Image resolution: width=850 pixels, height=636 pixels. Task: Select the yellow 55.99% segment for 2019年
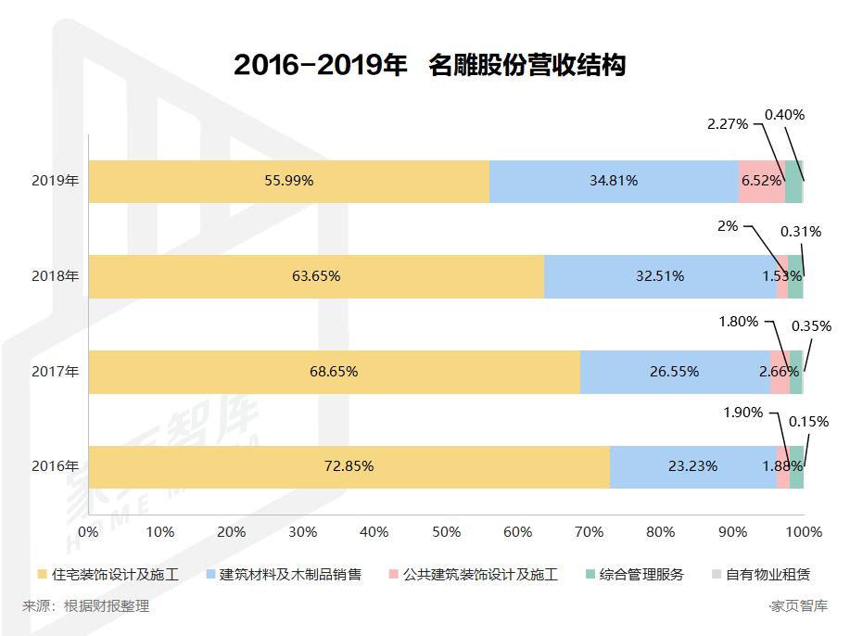tap(288, 182)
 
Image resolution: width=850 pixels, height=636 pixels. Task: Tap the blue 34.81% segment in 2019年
tap(614, 182)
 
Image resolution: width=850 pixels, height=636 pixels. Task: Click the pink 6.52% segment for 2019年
tap(761, 182)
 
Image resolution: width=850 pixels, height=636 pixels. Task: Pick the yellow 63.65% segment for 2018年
tap(316, 276)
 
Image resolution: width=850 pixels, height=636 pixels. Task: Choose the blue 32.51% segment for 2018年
tap(660, 276)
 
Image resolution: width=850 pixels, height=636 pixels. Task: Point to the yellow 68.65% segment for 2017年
tap(334, 372)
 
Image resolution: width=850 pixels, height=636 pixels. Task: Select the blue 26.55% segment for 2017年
tap(675, 372)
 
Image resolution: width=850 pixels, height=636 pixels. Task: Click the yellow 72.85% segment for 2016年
tap(349, 466)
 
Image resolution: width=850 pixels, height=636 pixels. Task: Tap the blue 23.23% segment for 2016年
tap(692, 466)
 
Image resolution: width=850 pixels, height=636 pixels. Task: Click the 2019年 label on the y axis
tap(55, 182)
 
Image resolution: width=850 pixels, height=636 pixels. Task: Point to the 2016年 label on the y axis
tap(55, 466)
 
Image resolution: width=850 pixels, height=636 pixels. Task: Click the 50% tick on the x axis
tap(446, 532)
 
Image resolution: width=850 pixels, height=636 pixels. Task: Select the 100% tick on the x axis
tap(804, 532)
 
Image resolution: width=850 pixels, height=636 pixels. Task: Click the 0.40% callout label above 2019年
tap(784, 115)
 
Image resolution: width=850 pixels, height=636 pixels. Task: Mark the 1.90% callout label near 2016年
tap(742, 413)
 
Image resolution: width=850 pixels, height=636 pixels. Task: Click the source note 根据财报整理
tap(106, 606)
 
